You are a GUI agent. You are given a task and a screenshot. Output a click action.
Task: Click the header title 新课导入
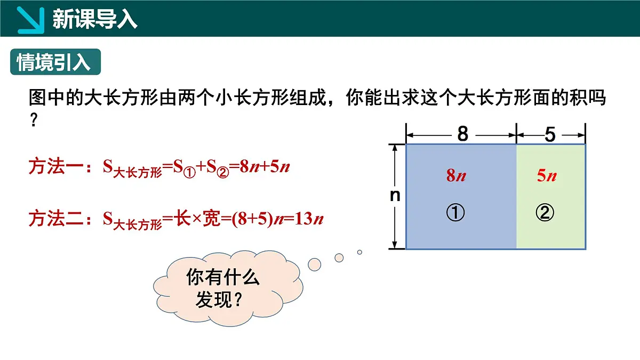[95, 19]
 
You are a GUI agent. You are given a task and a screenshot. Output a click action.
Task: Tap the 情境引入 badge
[54, 62]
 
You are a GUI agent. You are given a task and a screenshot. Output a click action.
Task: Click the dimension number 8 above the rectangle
[462, 134]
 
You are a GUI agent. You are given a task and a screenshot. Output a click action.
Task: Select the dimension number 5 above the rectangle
[550, 134]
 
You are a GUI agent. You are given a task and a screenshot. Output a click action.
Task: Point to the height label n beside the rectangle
[395, 196]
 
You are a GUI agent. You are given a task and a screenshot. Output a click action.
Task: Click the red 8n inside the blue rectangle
[456, 175]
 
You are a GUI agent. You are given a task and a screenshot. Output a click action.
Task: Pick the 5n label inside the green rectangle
[547, 175]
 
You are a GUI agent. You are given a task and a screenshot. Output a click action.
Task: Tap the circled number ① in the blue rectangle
[455, 213]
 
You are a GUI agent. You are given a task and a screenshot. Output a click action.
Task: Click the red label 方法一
[55, 167]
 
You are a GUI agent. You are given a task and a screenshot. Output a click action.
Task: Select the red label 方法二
[55, 219]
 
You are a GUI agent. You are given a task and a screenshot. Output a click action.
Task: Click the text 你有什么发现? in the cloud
[223, 289]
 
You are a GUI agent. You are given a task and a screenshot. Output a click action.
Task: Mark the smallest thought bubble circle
[359, 252]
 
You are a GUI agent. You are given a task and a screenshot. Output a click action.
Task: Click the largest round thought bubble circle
[315, 263]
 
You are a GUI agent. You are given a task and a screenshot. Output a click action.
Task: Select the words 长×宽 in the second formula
[198, 219]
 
